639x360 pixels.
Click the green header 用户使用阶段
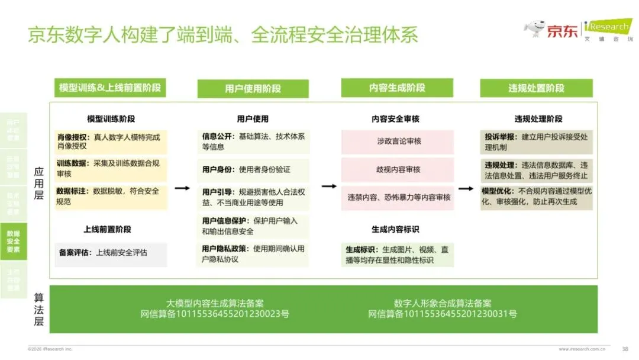point(253,89)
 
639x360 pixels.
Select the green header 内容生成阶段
point(397,88)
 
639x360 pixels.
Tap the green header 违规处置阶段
point(536,88)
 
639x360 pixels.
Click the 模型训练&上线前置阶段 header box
point(110,88)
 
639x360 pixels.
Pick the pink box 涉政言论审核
point(397,142)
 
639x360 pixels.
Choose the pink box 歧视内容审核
point(397,169)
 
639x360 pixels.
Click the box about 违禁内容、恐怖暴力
point(397,197)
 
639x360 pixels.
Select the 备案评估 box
point(111,253)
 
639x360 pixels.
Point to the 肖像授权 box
point(111,142)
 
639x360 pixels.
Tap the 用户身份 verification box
point(253,170)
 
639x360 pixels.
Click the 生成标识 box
point(397,255)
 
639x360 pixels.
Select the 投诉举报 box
point(536,142)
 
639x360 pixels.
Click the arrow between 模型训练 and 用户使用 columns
point(182,188)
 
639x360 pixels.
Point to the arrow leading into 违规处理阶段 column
point(466,189)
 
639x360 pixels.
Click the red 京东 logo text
point(562,31)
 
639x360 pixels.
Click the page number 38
point(625,349)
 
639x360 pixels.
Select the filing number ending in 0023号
point(215,314)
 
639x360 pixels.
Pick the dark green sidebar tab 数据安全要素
point(13,242)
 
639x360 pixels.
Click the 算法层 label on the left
point(38,308)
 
